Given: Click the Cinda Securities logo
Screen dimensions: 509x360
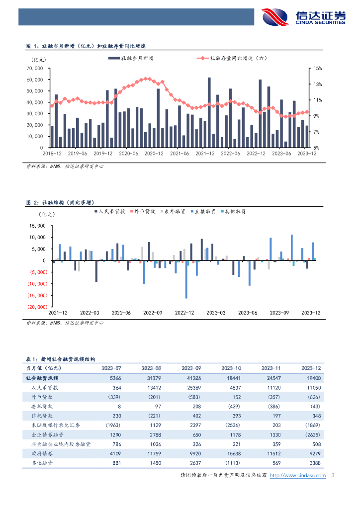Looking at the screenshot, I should pyautogui.click(x=304, y=17).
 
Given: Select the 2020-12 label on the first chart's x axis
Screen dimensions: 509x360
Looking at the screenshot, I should pyautogui.click(x=154, y=154).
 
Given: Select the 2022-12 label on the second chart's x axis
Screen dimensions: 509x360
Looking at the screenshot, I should pyautogui.click(x=184, y=313).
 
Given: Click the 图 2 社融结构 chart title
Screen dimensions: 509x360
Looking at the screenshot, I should pyautogui.click(x=61, y=202).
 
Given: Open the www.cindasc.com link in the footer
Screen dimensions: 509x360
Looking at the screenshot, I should pyautogui.click(x=304, y=476).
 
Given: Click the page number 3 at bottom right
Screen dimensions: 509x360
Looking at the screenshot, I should pyautogui.click(x=332, y=476).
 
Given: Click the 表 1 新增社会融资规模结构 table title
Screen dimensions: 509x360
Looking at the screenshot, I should pyautogui.click(x=61, y=358).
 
